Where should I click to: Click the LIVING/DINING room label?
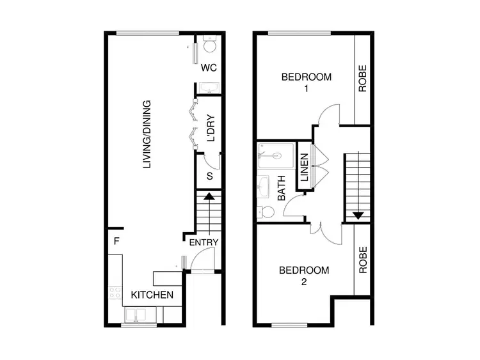pos(147,134)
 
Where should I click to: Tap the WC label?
pos(209,67)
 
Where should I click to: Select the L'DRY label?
pos(209,127)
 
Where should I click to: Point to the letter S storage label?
pos(209,176)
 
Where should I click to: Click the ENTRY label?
pos(204,242)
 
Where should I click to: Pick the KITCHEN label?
pos(152,295)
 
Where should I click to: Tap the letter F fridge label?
pos(116,242)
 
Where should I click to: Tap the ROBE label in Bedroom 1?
pos(362,79)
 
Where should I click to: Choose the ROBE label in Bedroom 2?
pos(362,260)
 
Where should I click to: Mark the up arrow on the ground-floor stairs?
pos(208,198)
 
